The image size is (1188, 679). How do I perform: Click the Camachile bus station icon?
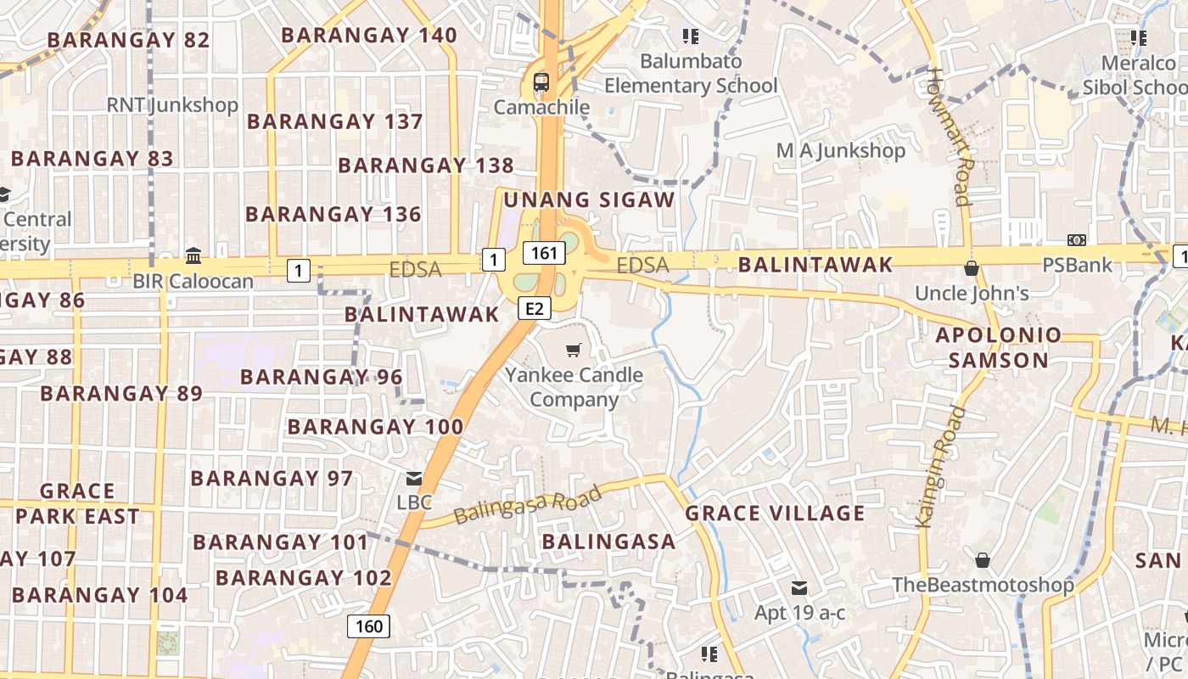(x=541, y=82)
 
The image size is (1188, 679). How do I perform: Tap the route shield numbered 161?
(x=544, y=252)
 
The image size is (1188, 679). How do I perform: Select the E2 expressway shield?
(x=533, y=308)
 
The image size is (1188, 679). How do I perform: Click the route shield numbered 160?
(x=368, y=626)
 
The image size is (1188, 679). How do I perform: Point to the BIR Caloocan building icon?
(x=193, y=255)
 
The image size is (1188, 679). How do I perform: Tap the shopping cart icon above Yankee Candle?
(x=574, y=350)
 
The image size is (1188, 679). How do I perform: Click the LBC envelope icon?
(x=414, y=479)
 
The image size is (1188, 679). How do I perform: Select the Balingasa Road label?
(x=527, y=504)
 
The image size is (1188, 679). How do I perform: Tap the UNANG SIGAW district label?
(x=590, y=200)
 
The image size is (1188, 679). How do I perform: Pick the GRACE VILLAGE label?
(x=775, y=513)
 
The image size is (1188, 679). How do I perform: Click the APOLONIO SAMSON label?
(x=998, y=347)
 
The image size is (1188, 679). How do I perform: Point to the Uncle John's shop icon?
(x=972, y=269)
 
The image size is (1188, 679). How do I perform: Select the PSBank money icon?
(x=1077, y=241)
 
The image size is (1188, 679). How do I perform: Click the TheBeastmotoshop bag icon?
(x=982, y=560)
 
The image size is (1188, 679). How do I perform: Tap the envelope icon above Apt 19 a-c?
(x=799, y=587)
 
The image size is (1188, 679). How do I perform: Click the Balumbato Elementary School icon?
(x=690, y=36)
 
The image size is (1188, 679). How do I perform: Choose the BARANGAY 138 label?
(x=426, y=166)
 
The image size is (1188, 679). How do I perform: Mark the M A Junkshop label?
(x=841, y=151)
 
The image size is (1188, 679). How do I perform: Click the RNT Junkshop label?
(x=172, y=105)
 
